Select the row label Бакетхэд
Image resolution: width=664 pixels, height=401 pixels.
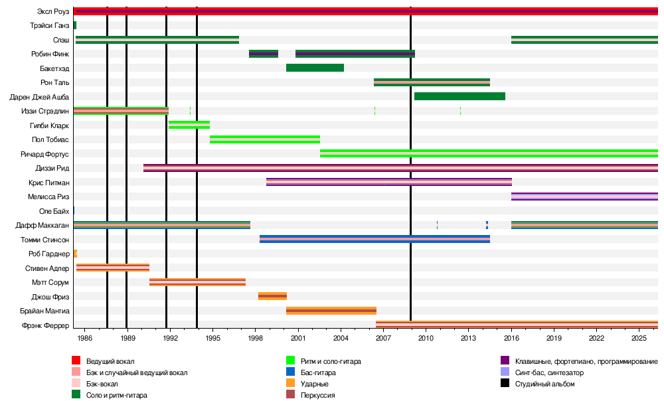coord(54,68)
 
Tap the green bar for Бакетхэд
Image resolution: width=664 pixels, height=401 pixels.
coord(315,68)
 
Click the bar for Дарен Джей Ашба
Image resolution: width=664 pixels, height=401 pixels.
coord(459,96)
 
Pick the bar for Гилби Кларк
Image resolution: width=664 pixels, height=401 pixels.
coord(189,125)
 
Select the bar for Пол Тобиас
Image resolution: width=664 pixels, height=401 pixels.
coord(265,139)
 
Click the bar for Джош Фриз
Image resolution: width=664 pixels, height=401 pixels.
coord(272,296)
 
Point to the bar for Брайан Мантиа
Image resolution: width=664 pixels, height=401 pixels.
coord(331,311)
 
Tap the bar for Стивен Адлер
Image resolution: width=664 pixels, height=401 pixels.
coord(113,268)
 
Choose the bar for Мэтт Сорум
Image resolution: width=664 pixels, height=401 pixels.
coord(197,282)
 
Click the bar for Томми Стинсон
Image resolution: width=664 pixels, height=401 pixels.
coord(374,239)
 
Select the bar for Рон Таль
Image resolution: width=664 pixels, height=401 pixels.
coord(432,82)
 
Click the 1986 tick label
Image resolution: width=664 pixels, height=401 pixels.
coord(84,339)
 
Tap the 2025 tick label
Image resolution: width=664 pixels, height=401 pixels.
coord(639,339)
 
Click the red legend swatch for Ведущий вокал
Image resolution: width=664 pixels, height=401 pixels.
coord(76,361)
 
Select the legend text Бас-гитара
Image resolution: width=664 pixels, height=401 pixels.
coord(318,373)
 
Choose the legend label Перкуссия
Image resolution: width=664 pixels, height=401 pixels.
coord(317,395)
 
